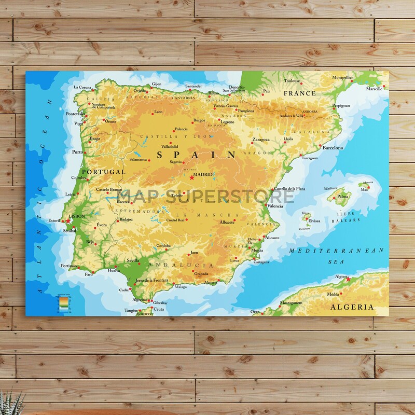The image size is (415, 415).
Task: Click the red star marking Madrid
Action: [x=191, y=177]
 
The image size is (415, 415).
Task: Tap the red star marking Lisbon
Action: [x=67, y=221]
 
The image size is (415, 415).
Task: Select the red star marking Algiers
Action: [x=348, y=279]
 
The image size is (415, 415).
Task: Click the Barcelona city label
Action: [x=333, y=148]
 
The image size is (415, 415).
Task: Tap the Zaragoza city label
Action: [x=260, y=140]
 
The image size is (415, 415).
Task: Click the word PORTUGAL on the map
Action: [x=104, y=172]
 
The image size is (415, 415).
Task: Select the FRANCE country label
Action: [x=299, y=93]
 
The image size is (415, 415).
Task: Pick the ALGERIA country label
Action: [x=352, y=307]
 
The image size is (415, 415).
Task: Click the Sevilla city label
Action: [x=133, y=260]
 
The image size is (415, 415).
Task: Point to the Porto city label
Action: [x=77, y=152]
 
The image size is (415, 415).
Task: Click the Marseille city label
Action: [x=374, y=89]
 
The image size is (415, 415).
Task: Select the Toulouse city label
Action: [x=292, y=81]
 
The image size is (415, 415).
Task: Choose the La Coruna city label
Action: [x=82, y=87]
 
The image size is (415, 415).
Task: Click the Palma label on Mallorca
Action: [x=342, y=197]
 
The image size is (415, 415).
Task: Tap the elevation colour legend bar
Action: [x=63, y=303]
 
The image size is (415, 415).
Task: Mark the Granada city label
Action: [x=201, y=273]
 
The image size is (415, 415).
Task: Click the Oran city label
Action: [x=255, y=312]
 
